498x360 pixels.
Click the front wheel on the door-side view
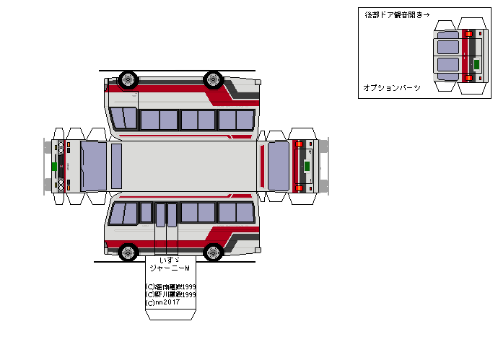point(128,252)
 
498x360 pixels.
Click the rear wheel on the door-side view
point(213,252)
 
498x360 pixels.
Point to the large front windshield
point(93,166)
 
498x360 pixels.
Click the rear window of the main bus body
point(278,166)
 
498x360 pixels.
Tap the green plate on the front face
point(54,167)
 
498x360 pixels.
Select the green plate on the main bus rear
point(307,167)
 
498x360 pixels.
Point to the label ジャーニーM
point(169,268)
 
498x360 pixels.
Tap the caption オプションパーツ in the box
point(392,87)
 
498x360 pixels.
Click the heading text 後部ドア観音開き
point(390,14)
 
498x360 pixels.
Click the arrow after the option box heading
point(426,14)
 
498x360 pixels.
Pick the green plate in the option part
point(476,62)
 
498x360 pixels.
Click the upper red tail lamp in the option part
point(468,33)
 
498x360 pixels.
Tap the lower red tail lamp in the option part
point(468,77)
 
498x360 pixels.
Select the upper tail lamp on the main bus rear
point(298,144)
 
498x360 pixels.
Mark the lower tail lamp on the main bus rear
point(298,188)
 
